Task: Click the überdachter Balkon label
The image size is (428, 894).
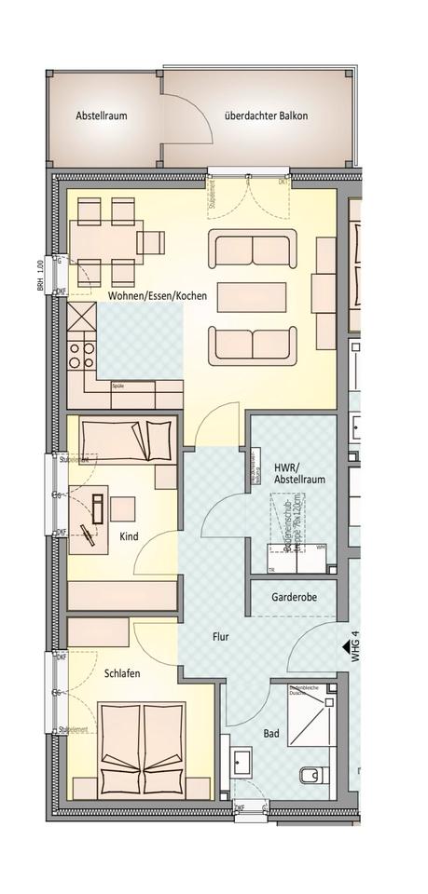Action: (266, 116)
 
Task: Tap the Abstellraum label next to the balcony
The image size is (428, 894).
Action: (102, 116)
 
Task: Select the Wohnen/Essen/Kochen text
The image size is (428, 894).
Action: (163, 295)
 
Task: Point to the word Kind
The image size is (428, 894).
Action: (129, 536)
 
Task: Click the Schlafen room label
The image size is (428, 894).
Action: (122, 672)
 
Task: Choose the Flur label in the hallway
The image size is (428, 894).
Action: (220, 638)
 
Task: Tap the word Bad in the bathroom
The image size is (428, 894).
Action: (271, 734)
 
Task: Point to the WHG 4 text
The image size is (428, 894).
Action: (355, 645)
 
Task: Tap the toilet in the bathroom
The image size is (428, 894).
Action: (311, 774)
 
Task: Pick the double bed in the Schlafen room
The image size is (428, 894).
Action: (143, 750)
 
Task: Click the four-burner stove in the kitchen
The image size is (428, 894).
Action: (79, 353)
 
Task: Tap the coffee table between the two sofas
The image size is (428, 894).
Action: (254, 297)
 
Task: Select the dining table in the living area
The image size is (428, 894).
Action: (105, 243)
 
